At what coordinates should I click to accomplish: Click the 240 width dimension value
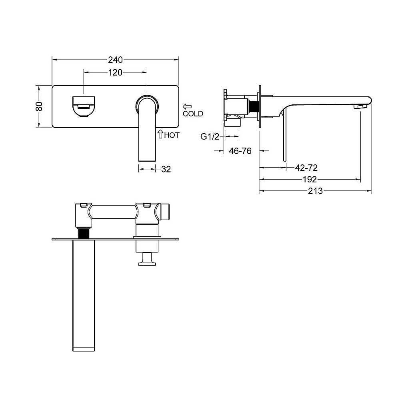(x=115, y=60)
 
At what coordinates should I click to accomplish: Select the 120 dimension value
(x=115, y=73)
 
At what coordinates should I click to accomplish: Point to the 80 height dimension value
(x=39, y=106)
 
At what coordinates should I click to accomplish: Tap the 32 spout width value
(x=166, y=169)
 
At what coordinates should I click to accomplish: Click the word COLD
(x=193, y=114)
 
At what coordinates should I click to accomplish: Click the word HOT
(x=172, y=135)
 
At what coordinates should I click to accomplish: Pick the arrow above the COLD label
(x=187, y=106)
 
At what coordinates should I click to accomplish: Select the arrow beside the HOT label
(x=160, y=134)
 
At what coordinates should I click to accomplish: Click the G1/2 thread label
(x=210, y=137)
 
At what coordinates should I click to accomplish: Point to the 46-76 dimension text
(x=240, y=151)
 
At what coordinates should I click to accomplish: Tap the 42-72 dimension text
(x=306, y=168)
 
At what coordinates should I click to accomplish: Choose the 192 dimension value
(x=310, y=180)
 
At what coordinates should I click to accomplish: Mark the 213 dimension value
(x=315, y=191)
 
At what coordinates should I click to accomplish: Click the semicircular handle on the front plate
(x=84, y=107)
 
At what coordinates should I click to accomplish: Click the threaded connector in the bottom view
(x=84, y=233)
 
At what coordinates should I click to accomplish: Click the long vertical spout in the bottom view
(x=84, y=296)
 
